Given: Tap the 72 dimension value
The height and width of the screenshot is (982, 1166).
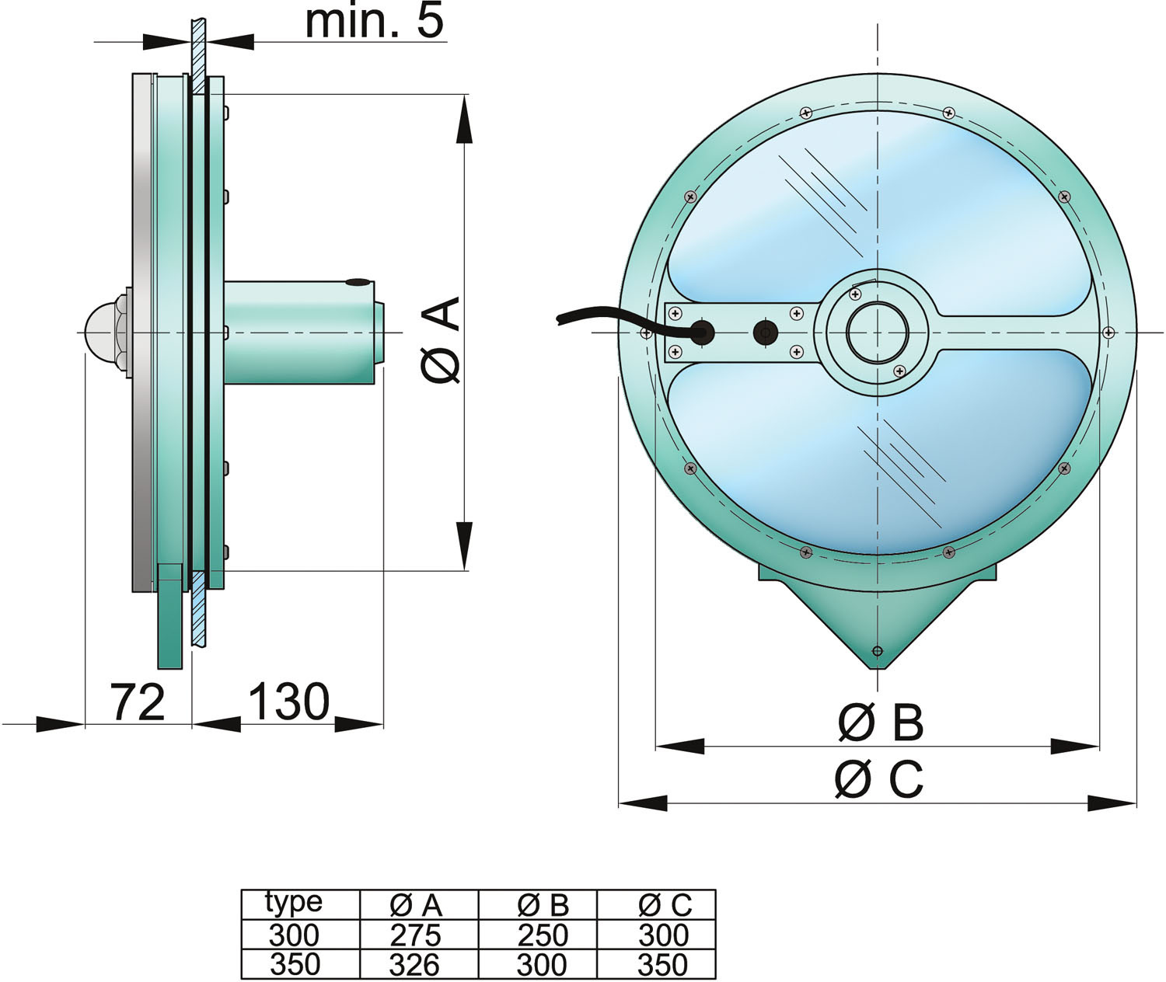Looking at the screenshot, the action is (138, 702).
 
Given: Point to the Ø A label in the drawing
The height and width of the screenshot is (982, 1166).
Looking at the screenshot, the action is (442, 340).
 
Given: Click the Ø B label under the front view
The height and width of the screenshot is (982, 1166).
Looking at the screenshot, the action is (881, 723).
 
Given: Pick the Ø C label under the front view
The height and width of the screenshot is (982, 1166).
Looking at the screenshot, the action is (879, 780).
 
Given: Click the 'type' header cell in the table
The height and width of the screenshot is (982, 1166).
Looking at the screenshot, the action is (294, 902).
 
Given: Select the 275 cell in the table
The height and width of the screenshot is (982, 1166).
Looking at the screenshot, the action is (416, 935).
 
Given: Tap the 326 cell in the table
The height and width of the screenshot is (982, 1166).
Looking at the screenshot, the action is (415, 964).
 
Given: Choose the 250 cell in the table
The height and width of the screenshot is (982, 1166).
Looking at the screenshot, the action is (543, 935).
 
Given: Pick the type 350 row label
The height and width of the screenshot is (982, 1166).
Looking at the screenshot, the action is (295, 964).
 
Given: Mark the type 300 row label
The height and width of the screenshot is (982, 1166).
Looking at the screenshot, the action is (295, 935).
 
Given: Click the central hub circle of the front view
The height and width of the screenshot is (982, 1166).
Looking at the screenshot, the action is (878, 333).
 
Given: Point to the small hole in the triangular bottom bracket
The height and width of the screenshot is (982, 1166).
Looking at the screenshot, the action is (878, 651).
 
